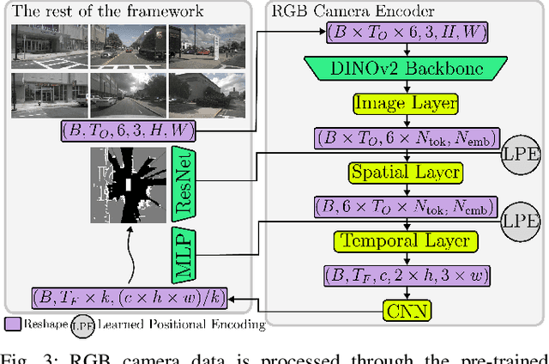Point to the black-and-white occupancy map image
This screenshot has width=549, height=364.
(x=126, y=184)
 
